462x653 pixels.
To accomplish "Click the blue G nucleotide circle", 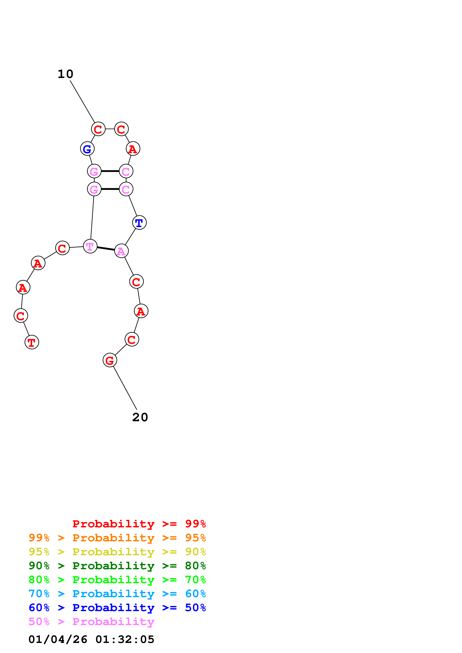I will click(87, 149).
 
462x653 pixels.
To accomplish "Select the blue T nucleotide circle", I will click(139, 222).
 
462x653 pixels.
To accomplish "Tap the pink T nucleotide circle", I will click(90, 246).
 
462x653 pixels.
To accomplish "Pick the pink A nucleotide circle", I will click(121, 251).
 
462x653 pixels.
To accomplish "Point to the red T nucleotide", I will click(32, 342).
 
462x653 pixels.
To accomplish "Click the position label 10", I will click(65, 74).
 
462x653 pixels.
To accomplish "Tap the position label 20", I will click(140, 417).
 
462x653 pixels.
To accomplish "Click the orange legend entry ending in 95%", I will click(117, 538).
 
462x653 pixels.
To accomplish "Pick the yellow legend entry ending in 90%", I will click(117, 552).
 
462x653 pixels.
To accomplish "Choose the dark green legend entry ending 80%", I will click(117, 566).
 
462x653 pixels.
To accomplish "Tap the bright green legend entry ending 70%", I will click(117, 580).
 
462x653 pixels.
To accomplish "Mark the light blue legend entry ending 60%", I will click(117, 594).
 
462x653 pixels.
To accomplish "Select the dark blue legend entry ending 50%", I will click(117, 608).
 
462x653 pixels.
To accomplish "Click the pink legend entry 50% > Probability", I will click(91, 621).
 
